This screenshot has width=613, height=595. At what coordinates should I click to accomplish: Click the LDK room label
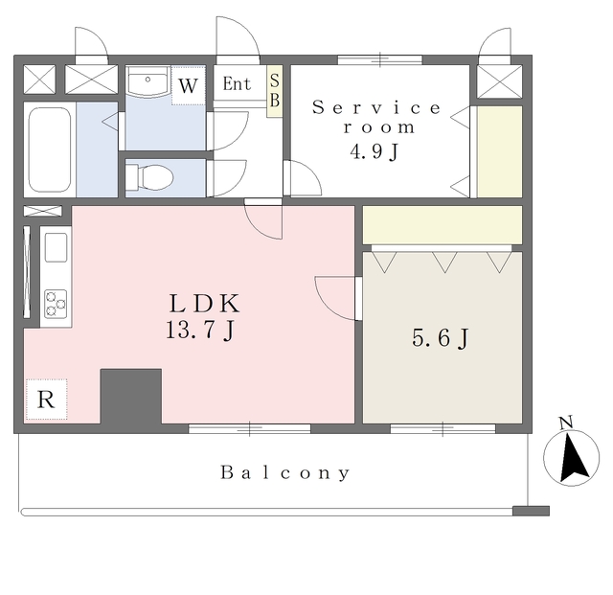click(204, 304)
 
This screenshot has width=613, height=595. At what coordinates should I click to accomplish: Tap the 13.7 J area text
click(200, 330)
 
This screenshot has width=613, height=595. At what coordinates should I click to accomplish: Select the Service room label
click(376, 117)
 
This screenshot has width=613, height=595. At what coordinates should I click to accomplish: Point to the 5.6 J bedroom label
click(441, 338)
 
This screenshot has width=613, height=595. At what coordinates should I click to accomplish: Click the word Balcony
click(285, 472)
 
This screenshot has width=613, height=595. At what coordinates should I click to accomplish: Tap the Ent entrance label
click(237, 83)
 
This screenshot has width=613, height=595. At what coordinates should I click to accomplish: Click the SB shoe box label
click(275, 90)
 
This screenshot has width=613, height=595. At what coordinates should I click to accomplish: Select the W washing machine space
click(188, 85)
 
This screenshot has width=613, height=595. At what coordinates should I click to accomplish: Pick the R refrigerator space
click(46, 400)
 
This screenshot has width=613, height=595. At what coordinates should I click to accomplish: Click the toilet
click(149, 178)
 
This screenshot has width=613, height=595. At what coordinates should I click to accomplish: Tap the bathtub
click(50, 149)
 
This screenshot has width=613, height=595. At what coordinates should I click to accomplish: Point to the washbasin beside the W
click(148, 81)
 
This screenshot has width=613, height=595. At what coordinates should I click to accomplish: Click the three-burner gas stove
click(56, 304)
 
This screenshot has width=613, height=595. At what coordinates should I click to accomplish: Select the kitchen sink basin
click(56, 247)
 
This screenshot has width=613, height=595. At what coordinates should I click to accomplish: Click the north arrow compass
click(571, 458)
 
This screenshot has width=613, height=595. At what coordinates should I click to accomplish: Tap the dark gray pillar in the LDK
click(131, 396)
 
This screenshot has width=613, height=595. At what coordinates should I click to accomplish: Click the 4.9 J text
click(374, 151)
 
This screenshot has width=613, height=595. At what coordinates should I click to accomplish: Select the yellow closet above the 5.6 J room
click(443, 225)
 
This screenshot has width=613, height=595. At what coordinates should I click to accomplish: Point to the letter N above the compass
click(566, 423)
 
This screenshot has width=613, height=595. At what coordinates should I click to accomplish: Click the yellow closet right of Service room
click(500, 151)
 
